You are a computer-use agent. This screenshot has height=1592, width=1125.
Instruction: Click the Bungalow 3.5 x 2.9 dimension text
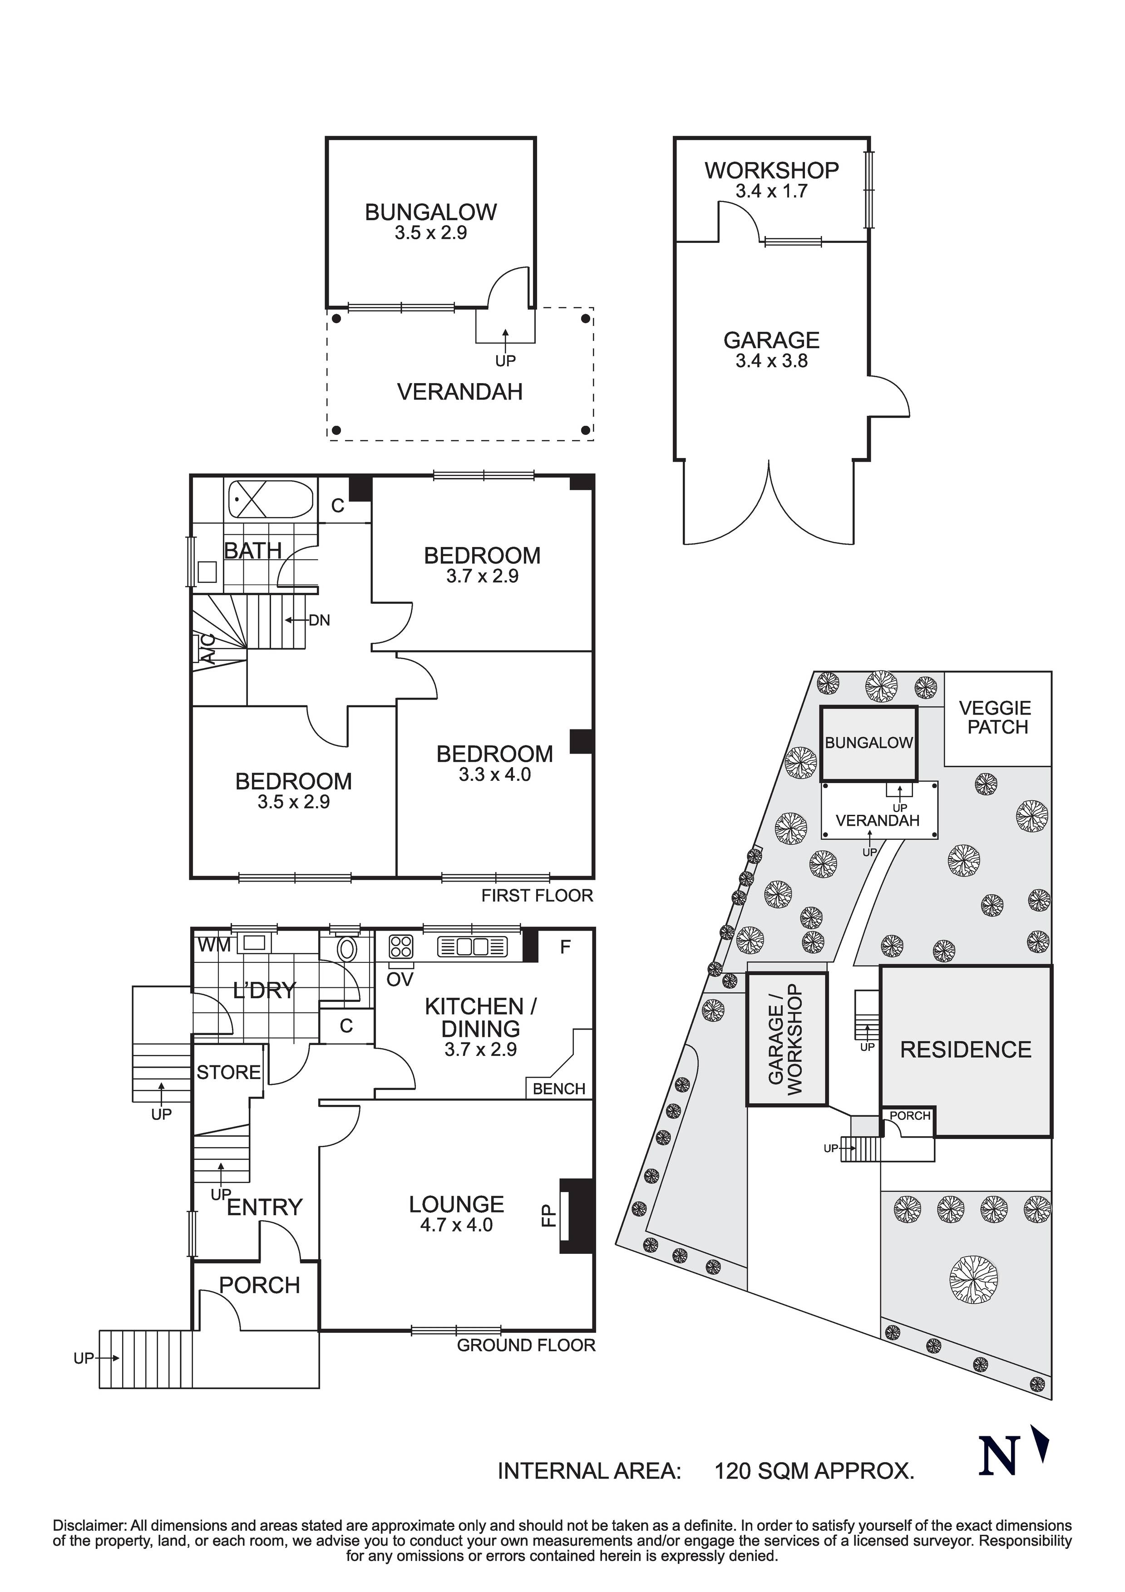(x=431, y=233)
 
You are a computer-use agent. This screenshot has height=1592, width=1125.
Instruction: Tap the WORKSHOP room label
(x=771, y=170)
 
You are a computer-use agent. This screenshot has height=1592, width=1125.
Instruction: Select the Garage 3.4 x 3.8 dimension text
(x=771, y=360)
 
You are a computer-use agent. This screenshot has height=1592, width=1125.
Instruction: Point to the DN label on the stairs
(x=319, y=620)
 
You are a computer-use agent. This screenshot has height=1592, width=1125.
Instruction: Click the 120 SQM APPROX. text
(x=814, y=1489)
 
